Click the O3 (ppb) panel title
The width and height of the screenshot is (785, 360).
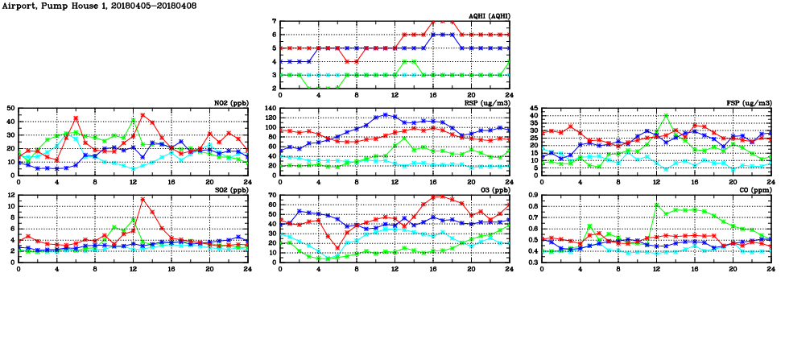pos(494,190)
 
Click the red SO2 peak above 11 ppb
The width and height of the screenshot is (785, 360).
pos(143,199)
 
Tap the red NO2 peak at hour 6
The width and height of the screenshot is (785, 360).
pos(76,118)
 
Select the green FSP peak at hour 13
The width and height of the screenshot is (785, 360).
pos(666,115)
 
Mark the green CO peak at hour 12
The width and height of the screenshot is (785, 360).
pos(656,205)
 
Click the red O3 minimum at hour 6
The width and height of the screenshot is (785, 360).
pos(337,248)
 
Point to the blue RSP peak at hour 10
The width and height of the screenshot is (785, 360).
pos(386,114)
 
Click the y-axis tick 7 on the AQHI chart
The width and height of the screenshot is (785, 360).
pos(274,21)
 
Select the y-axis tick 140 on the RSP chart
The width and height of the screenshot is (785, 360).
pos(271,108)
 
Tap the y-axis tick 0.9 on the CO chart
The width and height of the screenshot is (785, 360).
pos(532,195)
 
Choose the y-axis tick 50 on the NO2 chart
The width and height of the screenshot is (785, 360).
pos(10,108)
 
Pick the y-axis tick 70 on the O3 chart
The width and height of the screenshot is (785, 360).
pos(272,195)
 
